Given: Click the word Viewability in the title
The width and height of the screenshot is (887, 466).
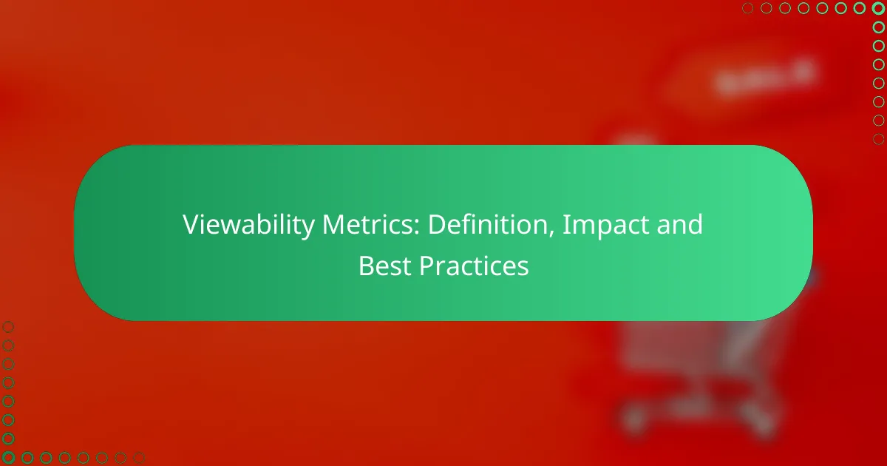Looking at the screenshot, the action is [x=248, y=225].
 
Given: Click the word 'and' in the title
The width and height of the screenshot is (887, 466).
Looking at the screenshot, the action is [x=680, y=224].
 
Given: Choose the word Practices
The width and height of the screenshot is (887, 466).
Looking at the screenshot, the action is [x=474, y=266].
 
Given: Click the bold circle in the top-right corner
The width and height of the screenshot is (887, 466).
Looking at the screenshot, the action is [x=878, y=8].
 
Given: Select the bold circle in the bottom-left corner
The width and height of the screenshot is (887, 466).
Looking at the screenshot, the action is [x=8, y=458].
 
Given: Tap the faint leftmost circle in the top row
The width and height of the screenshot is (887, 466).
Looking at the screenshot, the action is [x=747, y=8].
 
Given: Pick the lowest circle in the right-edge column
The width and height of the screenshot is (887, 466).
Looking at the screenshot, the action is [x=878, y=139].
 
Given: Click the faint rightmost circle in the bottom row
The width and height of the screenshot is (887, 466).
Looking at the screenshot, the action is [x=139, y=458].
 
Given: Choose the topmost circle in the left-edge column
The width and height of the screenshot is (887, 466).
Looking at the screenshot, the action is [x=8, y=327].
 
